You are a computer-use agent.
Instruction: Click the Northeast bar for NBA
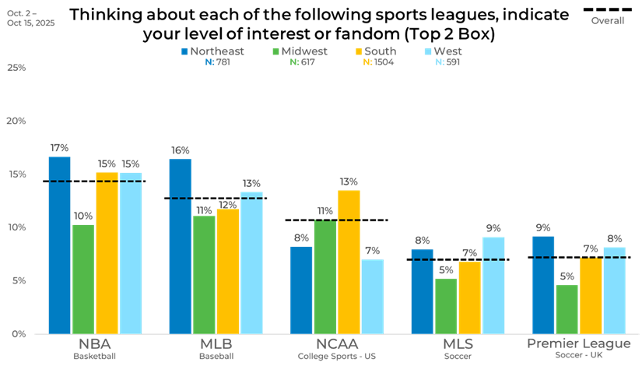click(x=59, y=245)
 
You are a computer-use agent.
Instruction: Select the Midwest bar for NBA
click(x=82, y=279)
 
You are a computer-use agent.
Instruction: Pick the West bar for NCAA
click(x=372, y=296)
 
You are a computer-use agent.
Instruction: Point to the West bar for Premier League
click(x=614, y=290)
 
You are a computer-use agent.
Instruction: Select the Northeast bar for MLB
click(x=180, y=246)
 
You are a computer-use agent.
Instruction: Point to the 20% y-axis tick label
click(x=16, y=121)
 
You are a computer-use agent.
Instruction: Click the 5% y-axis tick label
click(x=19, y=280)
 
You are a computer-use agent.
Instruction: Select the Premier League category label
click(x=579, y=344)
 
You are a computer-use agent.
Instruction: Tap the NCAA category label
click(x=336, y=344)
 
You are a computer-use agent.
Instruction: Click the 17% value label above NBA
click(x=59, y=147)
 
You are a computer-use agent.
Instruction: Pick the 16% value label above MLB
click(x=180, y=150)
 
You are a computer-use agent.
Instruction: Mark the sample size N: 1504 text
click(x=378, y=62)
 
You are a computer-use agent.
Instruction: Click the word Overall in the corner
click(x=608, y=21)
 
